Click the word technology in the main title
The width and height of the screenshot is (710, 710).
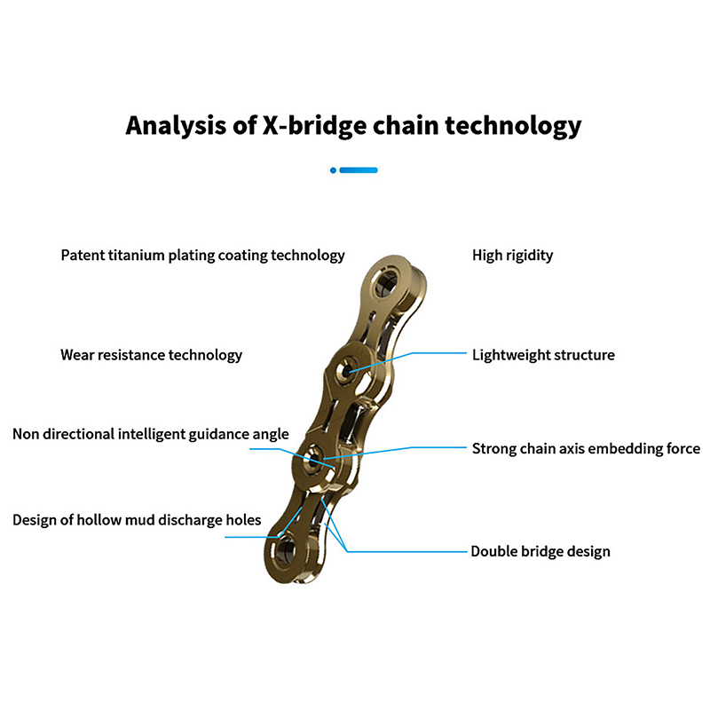(x=513, y=125)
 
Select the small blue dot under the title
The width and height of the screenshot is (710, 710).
(x=333, y=170)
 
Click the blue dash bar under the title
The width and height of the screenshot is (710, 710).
(x=359, y=170)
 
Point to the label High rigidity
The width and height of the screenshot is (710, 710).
(x=512, y=256)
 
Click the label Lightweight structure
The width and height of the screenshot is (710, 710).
(x=543, y=355)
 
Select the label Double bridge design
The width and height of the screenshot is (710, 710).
(x=540, y=551)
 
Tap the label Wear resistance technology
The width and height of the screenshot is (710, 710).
(x=151, y=355)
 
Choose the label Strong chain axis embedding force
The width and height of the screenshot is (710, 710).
(x=586, y=448)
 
